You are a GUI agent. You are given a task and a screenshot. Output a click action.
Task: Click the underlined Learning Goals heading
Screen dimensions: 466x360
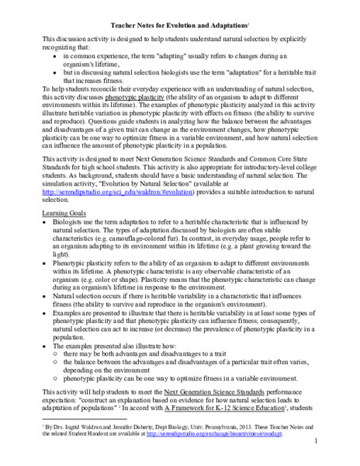(x=65, y=211)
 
